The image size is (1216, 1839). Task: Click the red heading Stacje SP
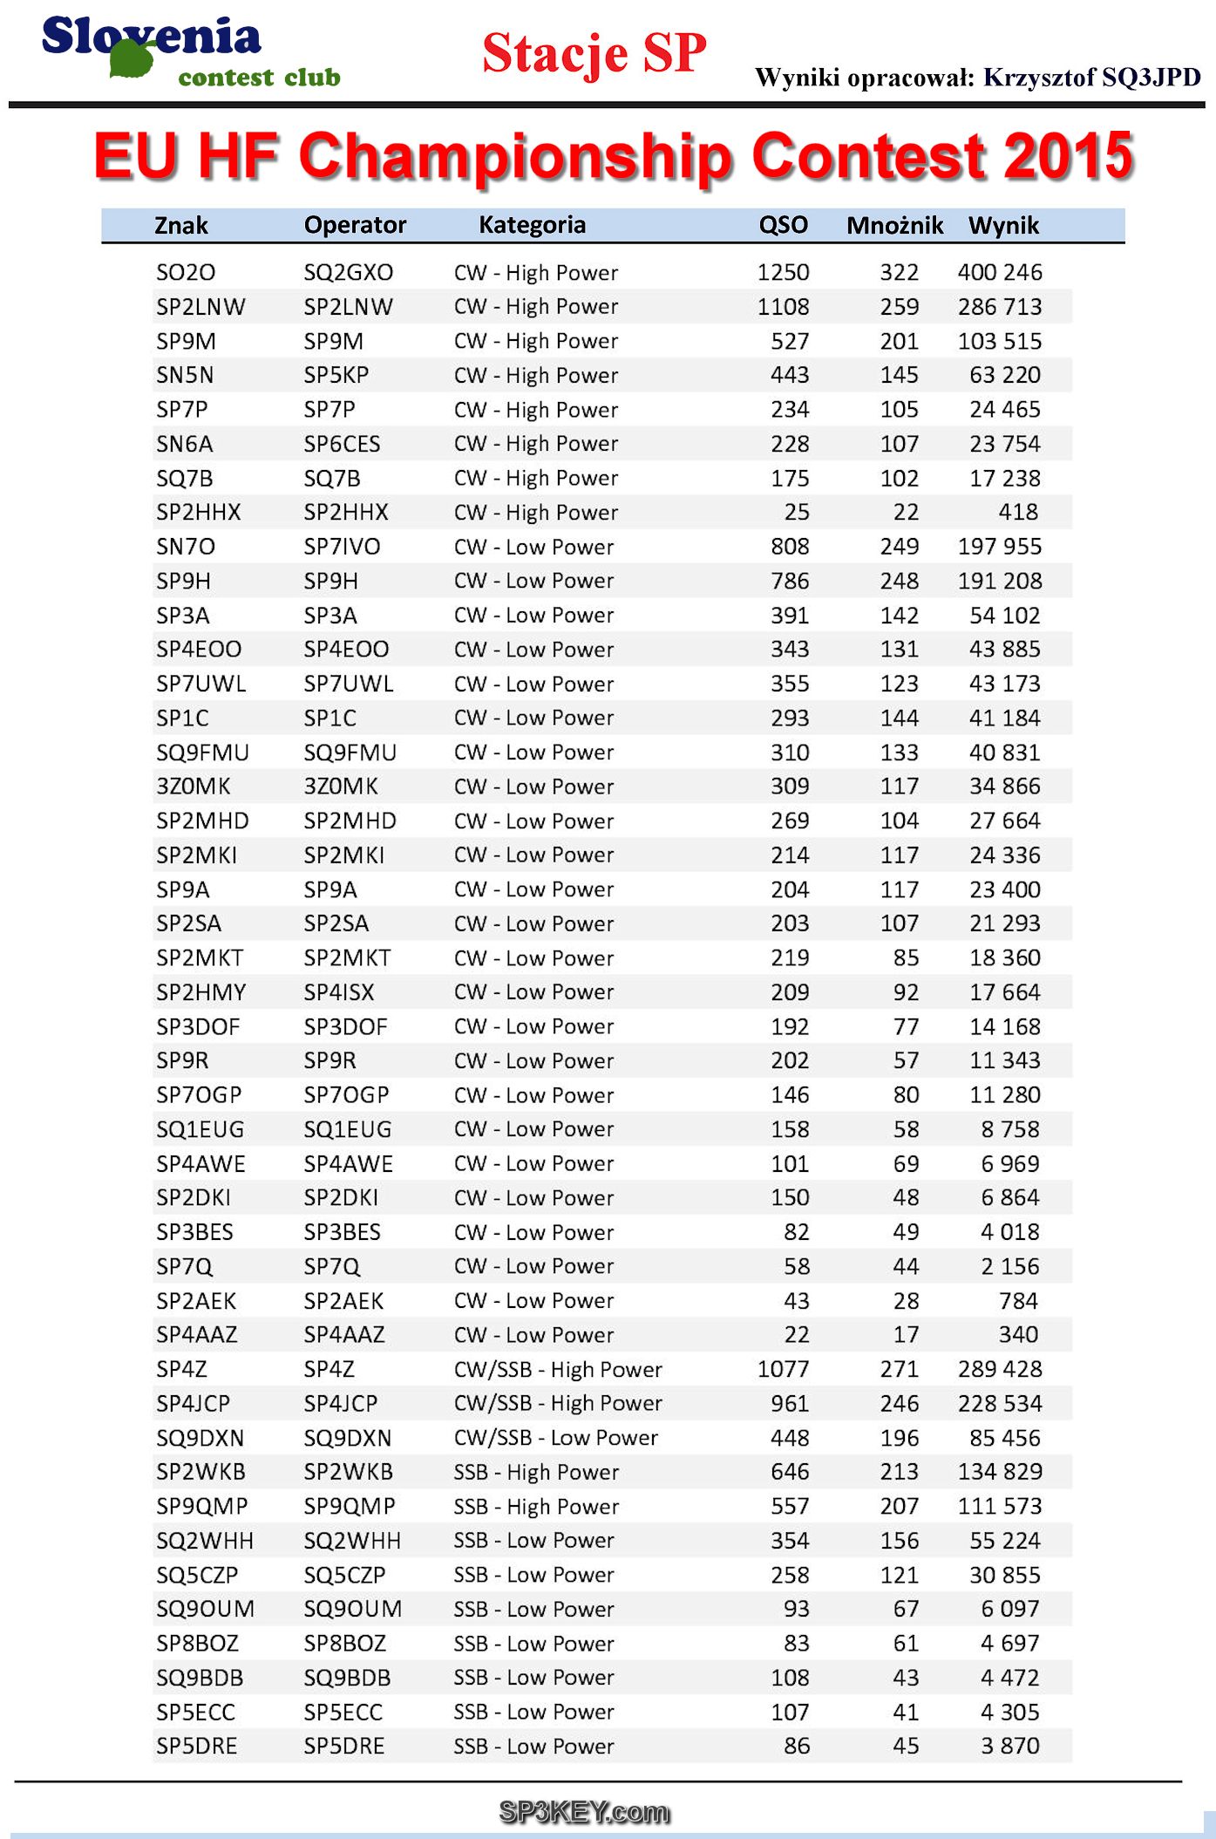point(594,53)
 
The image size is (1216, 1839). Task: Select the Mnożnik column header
point(894,226)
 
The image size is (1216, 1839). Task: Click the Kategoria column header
point(532,226)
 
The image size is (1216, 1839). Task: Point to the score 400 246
point(999,273)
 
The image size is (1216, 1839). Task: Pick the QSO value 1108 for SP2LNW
point(783,307)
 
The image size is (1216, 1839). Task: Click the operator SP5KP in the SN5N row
point(336,375)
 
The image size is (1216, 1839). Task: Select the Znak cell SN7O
point(186,547)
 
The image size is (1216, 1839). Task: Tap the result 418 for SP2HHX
point(1018,513)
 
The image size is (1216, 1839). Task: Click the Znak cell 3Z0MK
point(194,787)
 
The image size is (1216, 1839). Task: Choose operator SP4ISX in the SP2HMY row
point(339,992)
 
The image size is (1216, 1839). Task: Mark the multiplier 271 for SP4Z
point(899,1369)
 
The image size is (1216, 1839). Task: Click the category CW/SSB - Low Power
point(555,1438)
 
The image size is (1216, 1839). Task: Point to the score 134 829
point(999,1472)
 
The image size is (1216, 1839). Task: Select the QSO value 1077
point(783,1369)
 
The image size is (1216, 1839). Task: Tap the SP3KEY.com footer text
point(584,1812)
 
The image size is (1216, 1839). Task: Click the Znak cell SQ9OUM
point(206,1609)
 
